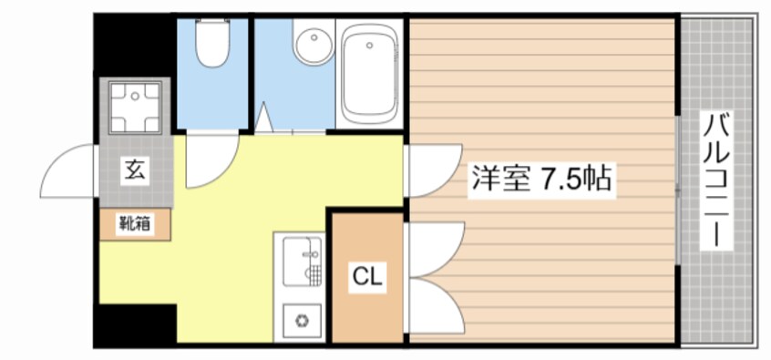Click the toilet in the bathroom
pyautogui.click(x=213, y=46)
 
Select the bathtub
pyautogui.click(x=370, y=73)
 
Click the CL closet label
pyautogui.click(x=367, y=274)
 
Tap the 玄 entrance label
pyautogui.click(x=134, y=170)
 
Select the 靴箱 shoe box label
pyautogui.click(x=134, y=223)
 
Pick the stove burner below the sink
pyautogui.click(x=300, y=320)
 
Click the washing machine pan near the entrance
pyautogui.click(x=136, y=106)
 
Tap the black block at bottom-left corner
pyautogui.click(x=137, y=324)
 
